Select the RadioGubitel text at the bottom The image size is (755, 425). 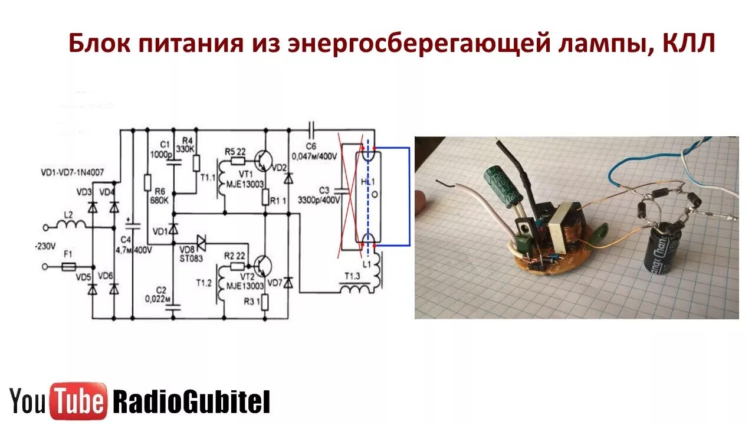click(191, 402)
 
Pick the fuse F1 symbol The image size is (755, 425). click(68, 267)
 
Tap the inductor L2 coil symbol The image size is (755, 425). click(71, 224)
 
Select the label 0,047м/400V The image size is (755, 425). click(321, 156)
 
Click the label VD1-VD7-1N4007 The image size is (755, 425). click(73, 174)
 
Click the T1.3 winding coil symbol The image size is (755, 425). click(356, 289)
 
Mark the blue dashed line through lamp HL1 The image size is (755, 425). click(370, 195)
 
